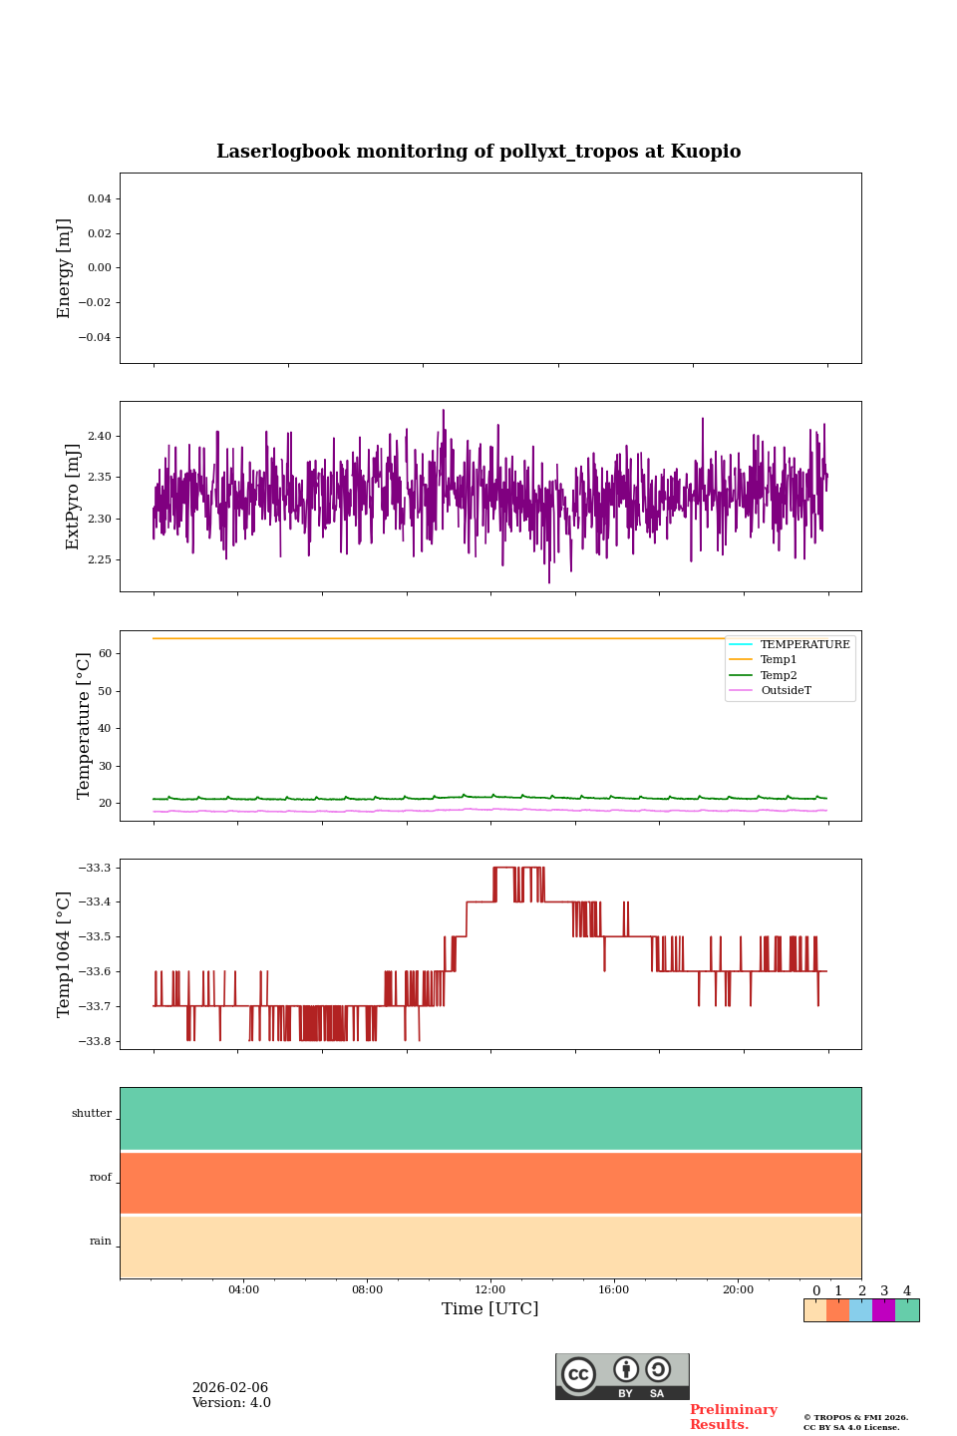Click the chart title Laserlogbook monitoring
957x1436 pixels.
click(x=478, y=152)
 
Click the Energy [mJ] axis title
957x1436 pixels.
click(x=65, y=268)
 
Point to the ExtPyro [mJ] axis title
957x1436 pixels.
click(x=73, y=497)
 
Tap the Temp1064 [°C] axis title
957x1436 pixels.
click(x=65, y=954)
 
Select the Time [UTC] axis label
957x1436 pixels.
click(x=489, y=1309)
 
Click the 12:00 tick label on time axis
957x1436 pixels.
click(x=489, y=1289)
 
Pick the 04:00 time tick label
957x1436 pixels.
click(x=243, y=1289)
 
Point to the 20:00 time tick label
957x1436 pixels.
click(x=738, y=1289)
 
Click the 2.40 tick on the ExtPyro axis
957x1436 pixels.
click(x=99, y=437)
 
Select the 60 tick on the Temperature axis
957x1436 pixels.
click(x=104, y=654)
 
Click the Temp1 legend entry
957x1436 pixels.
click(x=779, y=660)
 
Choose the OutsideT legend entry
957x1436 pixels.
click(x=786, y=691)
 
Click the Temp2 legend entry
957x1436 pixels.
click(x=779, y=676)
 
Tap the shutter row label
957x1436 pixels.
click(x=92, y=1114)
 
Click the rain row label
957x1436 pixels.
click(x=101, y=1242)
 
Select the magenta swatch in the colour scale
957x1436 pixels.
click(x=883, y=1310)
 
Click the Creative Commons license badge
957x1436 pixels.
click(x=622, y=1376)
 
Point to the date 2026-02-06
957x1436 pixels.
click(x=230, y=1388)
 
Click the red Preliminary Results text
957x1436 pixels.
click(x=733, y=1417)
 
